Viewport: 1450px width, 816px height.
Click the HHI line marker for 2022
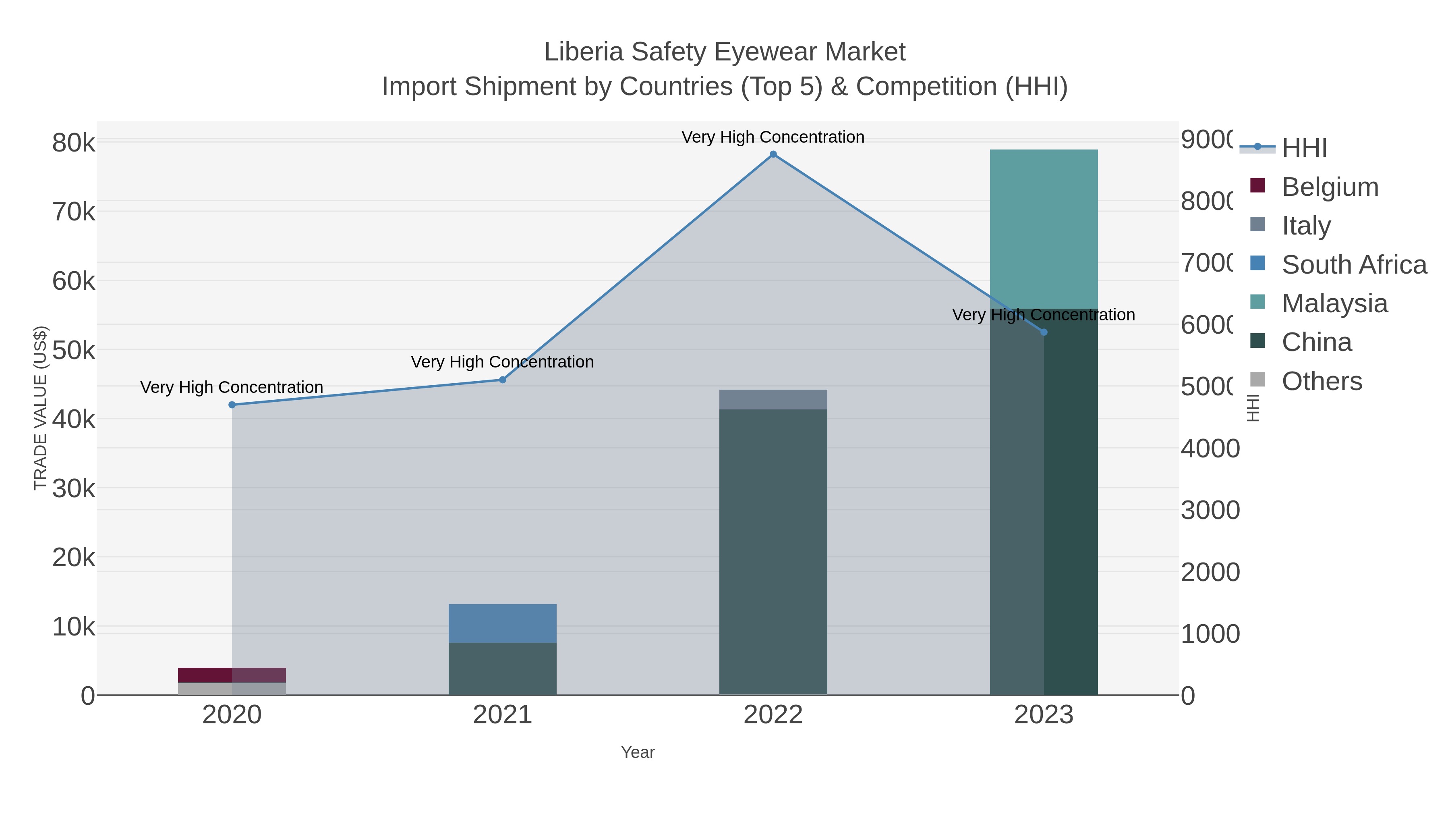[773, 154]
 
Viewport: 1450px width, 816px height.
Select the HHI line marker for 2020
[232, 405]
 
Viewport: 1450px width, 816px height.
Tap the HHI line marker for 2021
[503, 380]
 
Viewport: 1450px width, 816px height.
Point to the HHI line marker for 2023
[1044, 332]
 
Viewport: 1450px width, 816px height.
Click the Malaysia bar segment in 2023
[1044, 228]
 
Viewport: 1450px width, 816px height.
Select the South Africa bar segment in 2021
[502, 623]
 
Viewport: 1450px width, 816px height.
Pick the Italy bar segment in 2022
[773, 399]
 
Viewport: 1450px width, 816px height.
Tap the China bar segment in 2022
[773, 552]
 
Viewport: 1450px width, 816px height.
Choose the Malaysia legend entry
[1334, 303]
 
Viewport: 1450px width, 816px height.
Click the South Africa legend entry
[1354, 265]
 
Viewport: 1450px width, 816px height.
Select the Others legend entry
[1321, 381]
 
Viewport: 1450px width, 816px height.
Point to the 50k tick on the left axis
[74, 350]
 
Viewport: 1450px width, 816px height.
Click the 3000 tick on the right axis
[1210, 510]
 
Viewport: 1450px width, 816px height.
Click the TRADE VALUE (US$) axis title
[41, 408]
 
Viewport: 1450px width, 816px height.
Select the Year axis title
[638, 752]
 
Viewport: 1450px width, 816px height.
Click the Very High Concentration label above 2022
[773, 137]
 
